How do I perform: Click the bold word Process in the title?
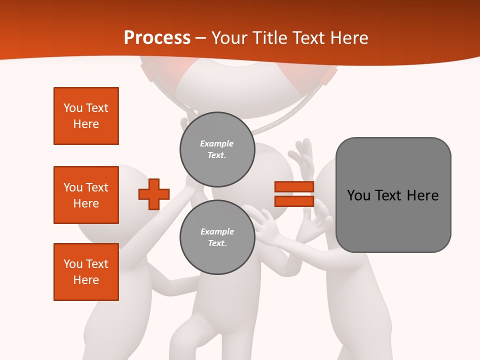(157, 38)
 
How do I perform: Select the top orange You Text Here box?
(86, 116)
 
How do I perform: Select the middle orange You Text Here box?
(86, 195)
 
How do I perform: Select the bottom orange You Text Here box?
(86, 272)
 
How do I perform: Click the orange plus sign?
(154, 194)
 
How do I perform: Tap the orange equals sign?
(294, 194)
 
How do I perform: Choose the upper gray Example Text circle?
(217, 149)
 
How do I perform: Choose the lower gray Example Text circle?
(217, 237)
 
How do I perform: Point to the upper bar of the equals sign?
(294, 186)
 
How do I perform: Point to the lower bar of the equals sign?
(294, 201)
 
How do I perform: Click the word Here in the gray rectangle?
(422, 195)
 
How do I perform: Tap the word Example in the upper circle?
(217, 143)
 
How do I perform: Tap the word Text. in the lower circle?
(217, 243)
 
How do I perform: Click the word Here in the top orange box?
(86, 124)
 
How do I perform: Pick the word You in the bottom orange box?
(73, 264)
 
